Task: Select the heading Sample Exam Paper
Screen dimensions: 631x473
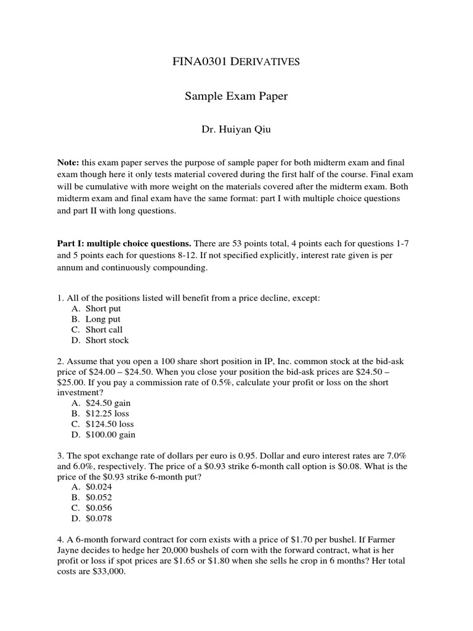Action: click(x=236, y=96)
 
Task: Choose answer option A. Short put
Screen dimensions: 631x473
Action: click(x=97, y=309)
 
